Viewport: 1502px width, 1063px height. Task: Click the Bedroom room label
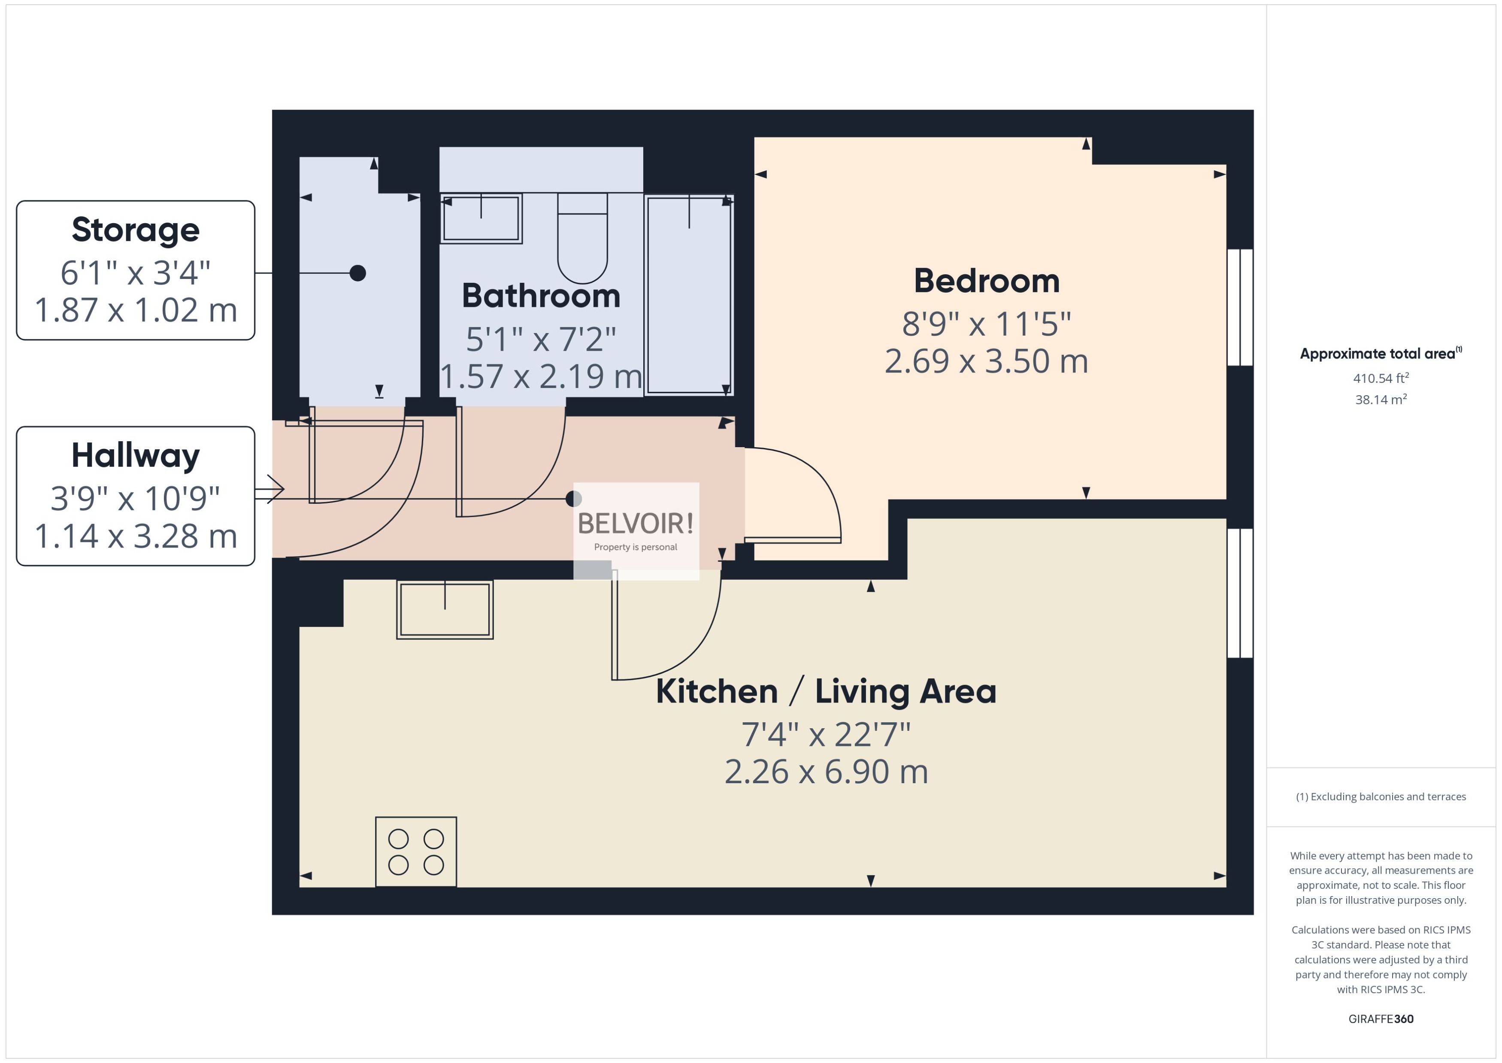click(x=986, y=282)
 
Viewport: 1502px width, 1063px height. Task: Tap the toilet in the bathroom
click(x=582, y=242)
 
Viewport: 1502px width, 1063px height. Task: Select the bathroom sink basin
click(x=481, y=218)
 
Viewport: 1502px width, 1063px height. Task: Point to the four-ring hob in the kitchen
click(x=415, y=851)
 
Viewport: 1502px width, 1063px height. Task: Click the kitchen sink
click(x=445, y=609)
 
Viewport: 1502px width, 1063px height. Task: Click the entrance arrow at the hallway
click(x=270, y=489)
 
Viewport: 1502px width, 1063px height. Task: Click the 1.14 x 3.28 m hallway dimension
click(x=136, y=536)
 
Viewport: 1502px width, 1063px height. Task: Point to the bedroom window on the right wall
click(x=1239, y=307)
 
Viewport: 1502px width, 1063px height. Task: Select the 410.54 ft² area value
click(x=1380, y=379)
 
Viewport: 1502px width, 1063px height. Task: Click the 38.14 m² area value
click(x=1380, y=399)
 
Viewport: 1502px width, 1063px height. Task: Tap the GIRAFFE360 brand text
click(x=1380, y=1018)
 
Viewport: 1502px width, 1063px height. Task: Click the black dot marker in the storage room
click(x=357, y=273)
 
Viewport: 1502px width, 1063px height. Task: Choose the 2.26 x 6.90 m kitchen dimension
click(x=826, y=772)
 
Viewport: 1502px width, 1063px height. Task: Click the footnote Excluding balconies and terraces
click(x=1380, y=796)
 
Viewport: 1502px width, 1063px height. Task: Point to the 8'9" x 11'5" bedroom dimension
click(x=986, y=323)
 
